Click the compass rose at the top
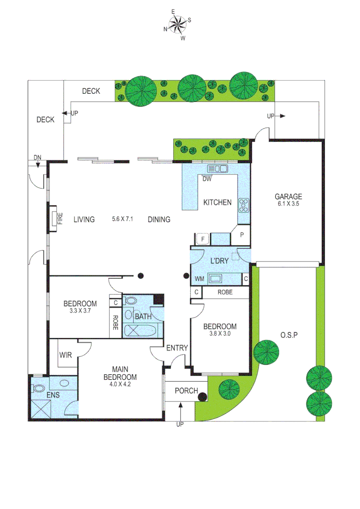pyautogui.click(x=177, y=25)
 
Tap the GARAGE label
pyautogui.click(x=288, y=197)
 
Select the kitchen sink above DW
pyautogui.click(x=217, y=168)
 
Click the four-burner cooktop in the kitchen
pyautogui.click(x=244, y=205)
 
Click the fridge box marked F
pyautogui.click(x=202, y=239)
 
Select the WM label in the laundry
pyautogui.click(x=200, y=279)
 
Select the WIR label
pyautogui.click(x=65, y=354)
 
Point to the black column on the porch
pyautogui.click(x=203, y=397)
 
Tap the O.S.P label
pyautogui.click(x=290, y=335)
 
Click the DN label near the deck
pyautogui.click(x=37, y=157)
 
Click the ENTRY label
pyautogui.click(x=177, y=348)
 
